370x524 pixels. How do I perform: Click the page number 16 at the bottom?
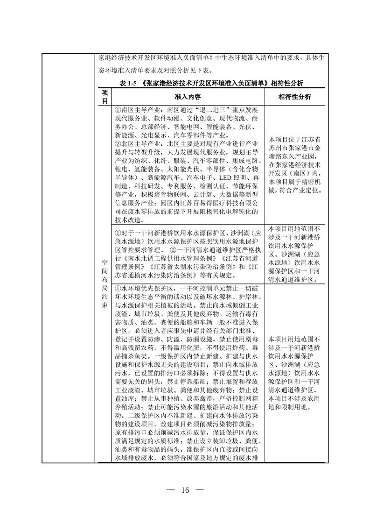185,489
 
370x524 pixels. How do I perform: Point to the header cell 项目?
105,97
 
